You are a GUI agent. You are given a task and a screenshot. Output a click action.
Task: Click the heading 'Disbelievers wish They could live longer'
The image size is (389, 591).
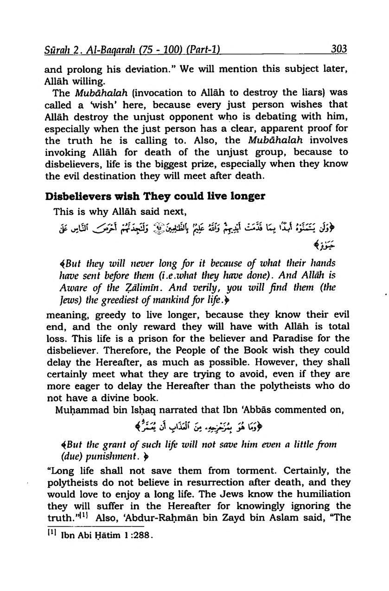point(155,196)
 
